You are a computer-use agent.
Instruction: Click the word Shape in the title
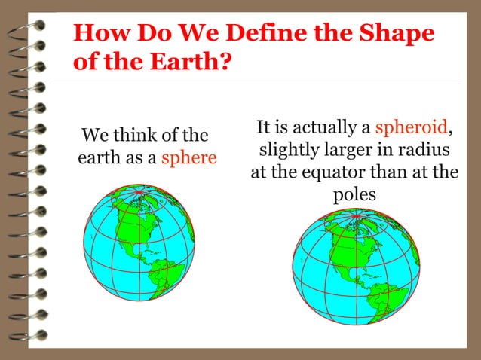395,35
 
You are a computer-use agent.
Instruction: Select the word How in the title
98,35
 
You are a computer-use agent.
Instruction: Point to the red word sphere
189,158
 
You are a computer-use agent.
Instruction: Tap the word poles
354,195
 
